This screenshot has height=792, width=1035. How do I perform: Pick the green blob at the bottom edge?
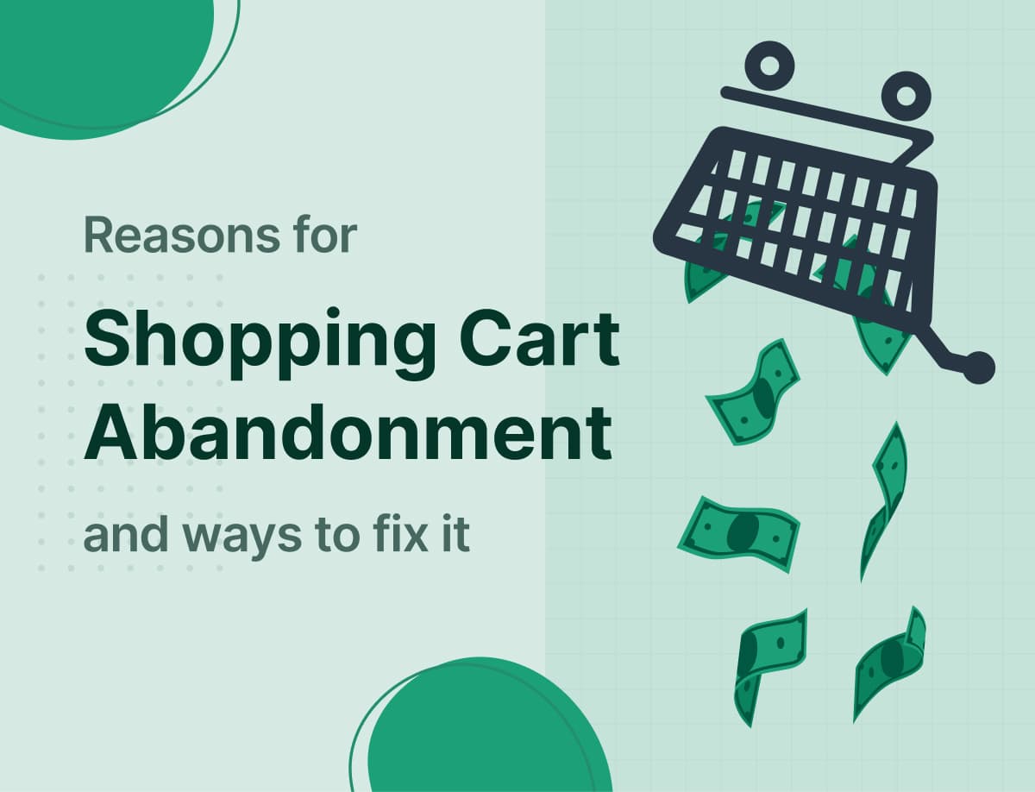(x=483, y=733)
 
